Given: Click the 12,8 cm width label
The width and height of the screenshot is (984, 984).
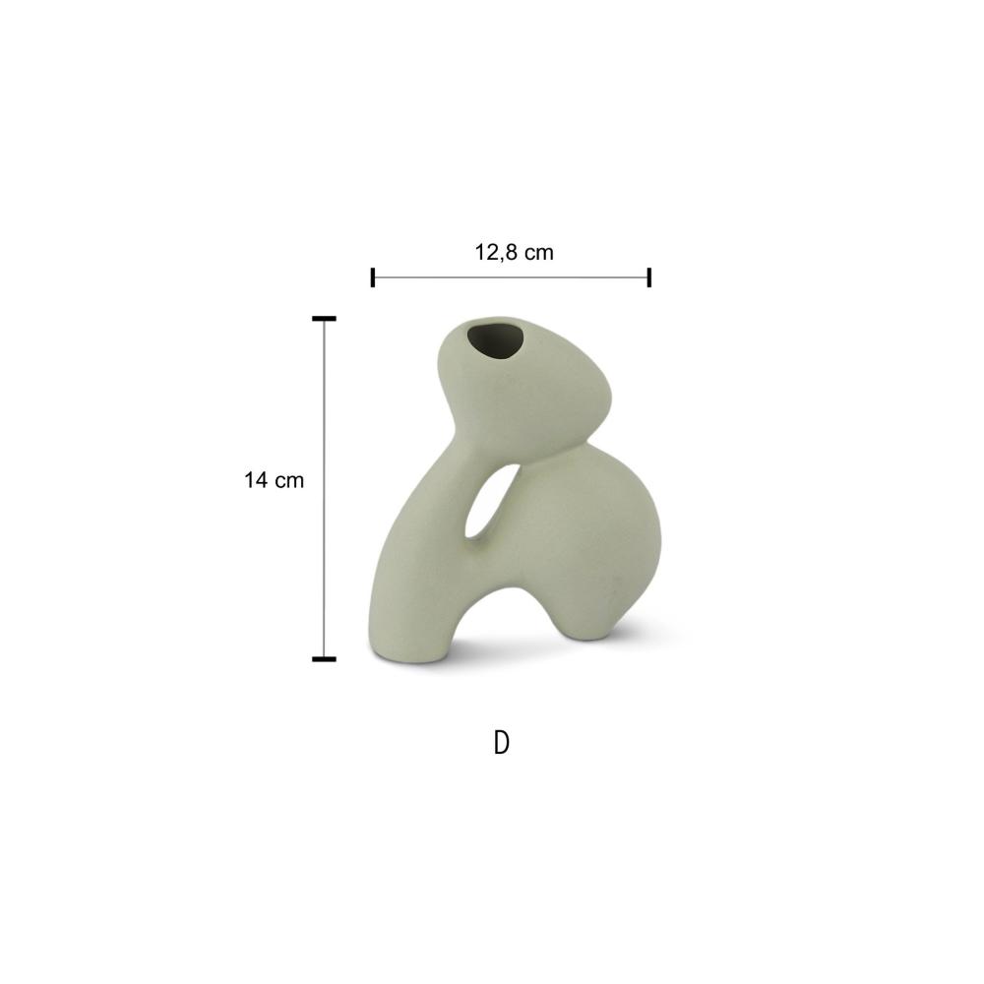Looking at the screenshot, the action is [x=514, y=252].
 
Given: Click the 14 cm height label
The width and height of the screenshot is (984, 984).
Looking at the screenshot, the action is [x=274, y=480].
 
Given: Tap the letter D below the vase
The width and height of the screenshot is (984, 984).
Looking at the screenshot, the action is [x=502, y=742].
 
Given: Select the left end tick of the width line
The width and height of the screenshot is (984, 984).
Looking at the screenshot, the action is [x=373, y=277].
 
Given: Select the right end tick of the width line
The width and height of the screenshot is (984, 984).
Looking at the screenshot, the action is [x=648, y=277].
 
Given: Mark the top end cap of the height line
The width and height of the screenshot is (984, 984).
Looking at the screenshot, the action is [x=324, y=319].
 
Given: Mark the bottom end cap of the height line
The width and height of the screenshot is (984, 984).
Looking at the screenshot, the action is [x=324, y=659].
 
